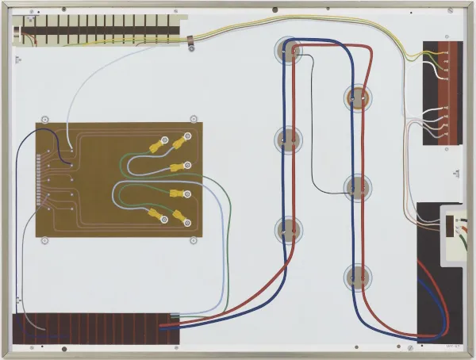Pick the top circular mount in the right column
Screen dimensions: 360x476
(x=357, y=98)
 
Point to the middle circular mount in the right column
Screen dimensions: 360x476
(x=357, y=187)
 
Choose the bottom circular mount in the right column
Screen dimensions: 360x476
(x=357, y=278)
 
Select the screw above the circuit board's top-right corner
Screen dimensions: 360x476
(x=193, y=119)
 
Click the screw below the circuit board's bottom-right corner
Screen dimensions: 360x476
(x=193, y=240)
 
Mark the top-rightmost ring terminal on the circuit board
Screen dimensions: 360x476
(x=188, y=137)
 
